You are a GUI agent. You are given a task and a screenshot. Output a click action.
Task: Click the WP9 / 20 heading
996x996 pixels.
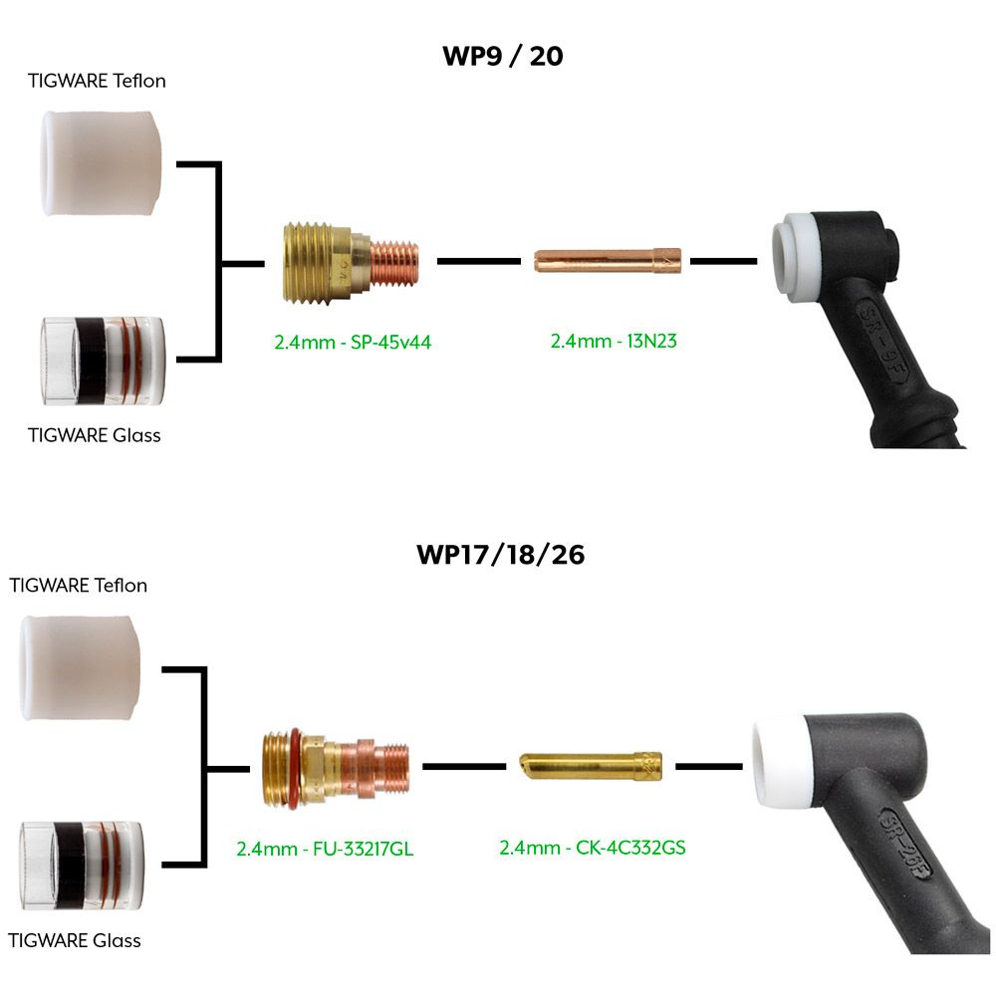tap(502, 56)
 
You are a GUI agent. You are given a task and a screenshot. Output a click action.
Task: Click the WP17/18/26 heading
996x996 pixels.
tap(500, 555)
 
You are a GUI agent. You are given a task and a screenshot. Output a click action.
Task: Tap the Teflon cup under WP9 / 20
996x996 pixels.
tap(103, 163)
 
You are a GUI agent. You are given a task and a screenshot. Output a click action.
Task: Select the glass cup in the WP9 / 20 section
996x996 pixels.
tap(103, 361)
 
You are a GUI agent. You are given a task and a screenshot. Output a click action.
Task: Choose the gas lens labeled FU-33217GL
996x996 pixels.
tap(335, 768)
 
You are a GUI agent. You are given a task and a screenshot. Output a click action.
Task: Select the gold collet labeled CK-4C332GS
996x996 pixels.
tap(592, 768)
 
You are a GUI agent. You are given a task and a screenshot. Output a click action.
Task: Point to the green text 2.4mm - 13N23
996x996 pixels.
tap(614, 341)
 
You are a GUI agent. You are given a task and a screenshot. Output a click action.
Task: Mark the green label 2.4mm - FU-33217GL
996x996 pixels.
tap(325, 850)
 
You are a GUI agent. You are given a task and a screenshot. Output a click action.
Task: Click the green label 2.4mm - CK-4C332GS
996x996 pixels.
tap(593, 849)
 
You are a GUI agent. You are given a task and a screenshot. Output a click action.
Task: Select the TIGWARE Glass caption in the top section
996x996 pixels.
tap(95, 434)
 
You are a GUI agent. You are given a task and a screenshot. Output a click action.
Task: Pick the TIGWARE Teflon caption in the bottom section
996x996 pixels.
tap(79, 585)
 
